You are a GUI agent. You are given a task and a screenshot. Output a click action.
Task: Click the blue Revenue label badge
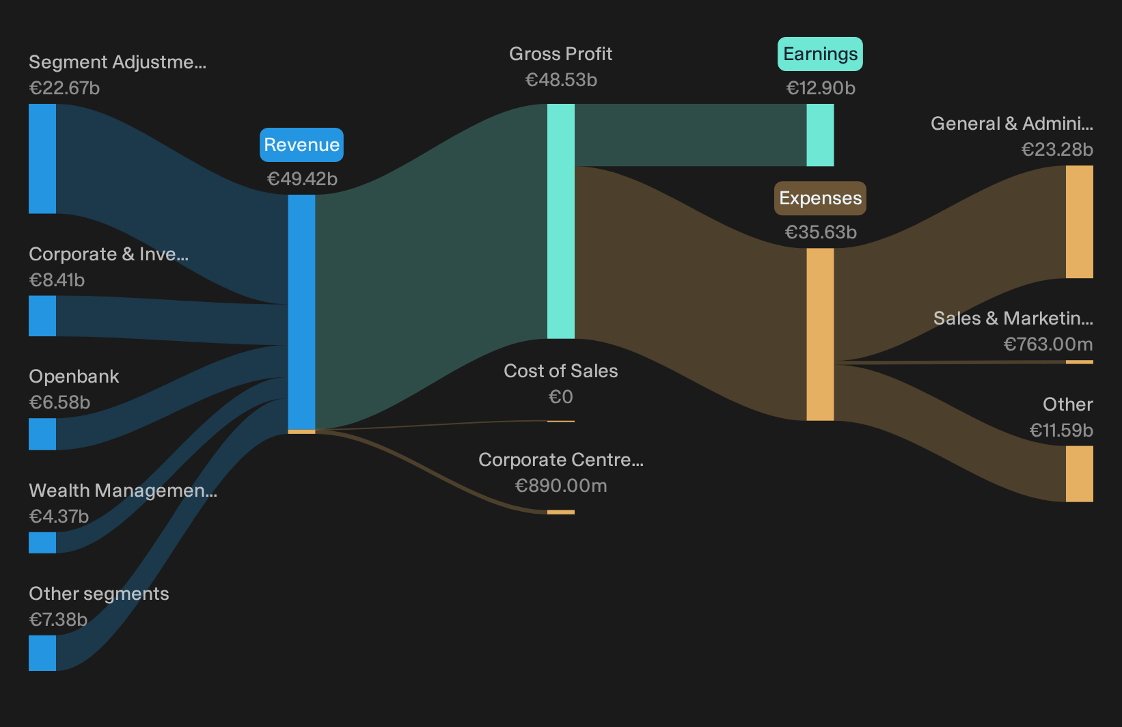(301, 145)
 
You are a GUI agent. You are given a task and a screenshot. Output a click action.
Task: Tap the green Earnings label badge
(820, 54)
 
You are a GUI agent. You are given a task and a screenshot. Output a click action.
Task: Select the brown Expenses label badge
(820, 198)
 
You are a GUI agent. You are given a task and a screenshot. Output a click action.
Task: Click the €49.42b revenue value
(302, 179)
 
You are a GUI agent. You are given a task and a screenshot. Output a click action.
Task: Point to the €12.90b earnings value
(821, 88)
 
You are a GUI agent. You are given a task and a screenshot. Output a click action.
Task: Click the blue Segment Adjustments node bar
(42, 159)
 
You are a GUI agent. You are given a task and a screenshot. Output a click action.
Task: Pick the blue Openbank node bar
(42, 435)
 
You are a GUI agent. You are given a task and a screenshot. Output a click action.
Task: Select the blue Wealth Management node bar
(42, 543)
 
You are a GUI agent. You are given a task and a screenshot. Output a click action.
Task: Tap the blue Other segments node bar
(42, 653)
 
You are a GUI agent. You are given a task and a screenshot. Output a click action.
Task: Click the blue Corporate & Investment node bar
(42, 316)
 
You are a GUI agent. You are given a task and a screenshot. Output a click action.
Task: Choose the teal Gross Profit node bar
(561, 221)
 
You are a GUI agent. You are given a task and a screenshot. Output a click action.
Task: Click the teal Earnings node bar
(821, 135)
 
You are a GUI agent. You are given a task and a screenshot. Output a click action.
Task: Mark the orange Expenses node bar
(821, 335)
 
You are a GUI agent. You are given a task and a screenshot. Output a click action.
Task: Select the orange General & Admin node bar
(1080, 222)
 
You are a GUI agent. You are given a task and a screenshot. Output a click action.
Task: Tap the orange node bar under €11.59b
(1080, 474)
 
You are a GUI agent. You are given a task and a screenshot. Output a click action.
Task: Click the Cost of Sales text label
(560, 371)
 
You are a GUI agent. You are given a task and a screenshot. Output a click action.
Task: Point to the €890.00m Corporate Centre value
(561, 486)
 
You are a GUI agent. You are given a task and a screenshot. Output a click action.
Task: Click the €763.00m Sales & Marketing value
(1048, 344)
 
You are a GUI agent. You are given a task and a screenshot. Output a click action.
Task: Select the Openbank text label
(74, 376)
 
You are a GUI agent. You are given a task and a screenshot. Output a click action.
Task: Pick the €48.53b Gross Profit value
(561, 80)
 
